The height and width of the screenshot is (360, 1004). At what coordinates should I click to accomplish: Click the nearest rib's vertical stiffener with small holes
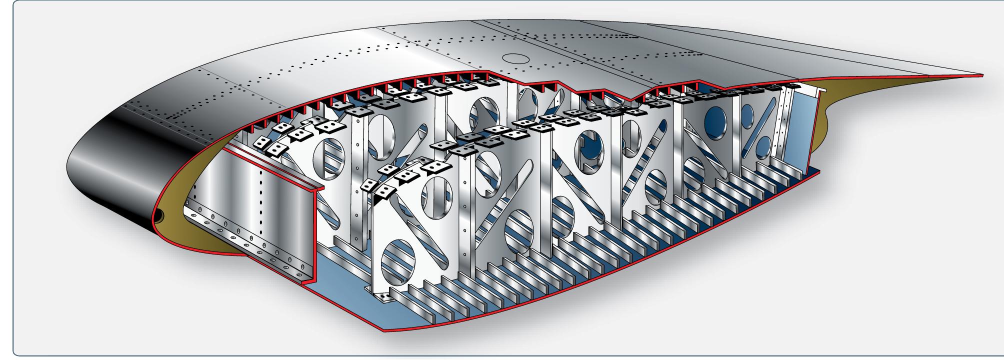tap(467, 210)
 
